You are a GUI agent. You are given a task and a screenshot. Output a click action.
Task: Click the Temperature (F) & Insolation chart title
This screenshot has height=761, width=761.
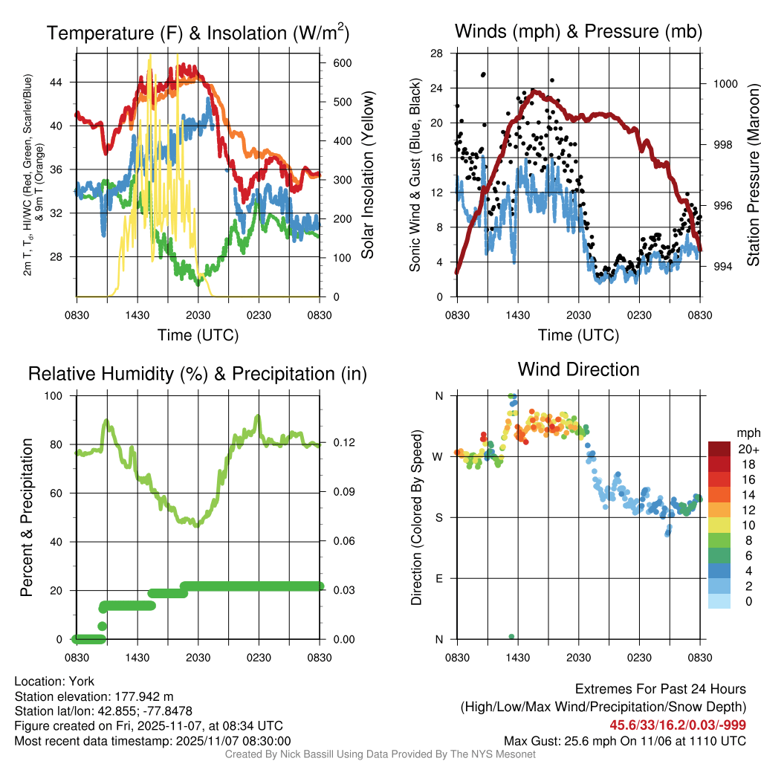pyautogui.click(x=198, y=33)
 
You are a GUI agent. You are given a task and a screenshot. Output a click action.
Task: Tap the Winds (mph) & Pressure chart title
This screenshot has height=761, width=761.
pyautogui.click(x=578, y=31)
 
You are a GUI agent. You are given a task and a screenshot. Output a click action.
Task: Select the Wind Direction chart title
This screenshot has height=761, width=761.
pyautogui.click(x=578, y=369)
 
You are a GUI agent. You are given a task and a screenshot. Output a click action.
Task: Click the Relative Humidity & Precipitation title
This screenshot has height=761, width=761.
pyautogui.click(x=198, y=374)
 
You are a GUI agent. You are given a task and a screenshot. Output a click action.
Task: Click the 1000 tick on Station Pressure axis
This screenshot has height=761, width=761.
pyautogui.click(x=725, y=84)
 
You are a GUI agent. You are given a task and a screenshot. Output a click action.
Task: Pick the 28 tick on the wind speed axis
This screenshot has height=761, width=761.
pyautogui.click(x=437, y=54)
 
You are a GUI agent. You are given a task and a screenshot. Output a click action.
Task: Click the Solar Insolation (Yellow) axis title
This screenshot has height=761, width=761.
pyautogui.click(x=367, y=175)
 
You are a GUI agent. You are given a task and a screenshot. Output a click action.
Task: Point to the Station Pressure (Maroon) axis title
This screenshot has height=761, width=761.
pyautogui.click(x=753, y=175)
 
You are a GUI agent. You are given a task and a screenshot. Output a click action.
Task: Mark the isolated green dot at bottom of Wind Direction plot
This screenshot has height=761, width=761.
pyautogui.click(x=511, y=636)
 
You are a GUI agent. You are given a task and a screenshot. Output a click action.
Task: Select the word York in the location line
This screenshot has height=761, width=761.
pyautogui.click(x=82, y=681)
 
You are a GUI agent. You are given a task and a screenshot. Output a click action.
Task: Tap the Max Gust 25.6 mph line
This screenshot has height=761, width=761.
pyautogui.click(x=625, y=740)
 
